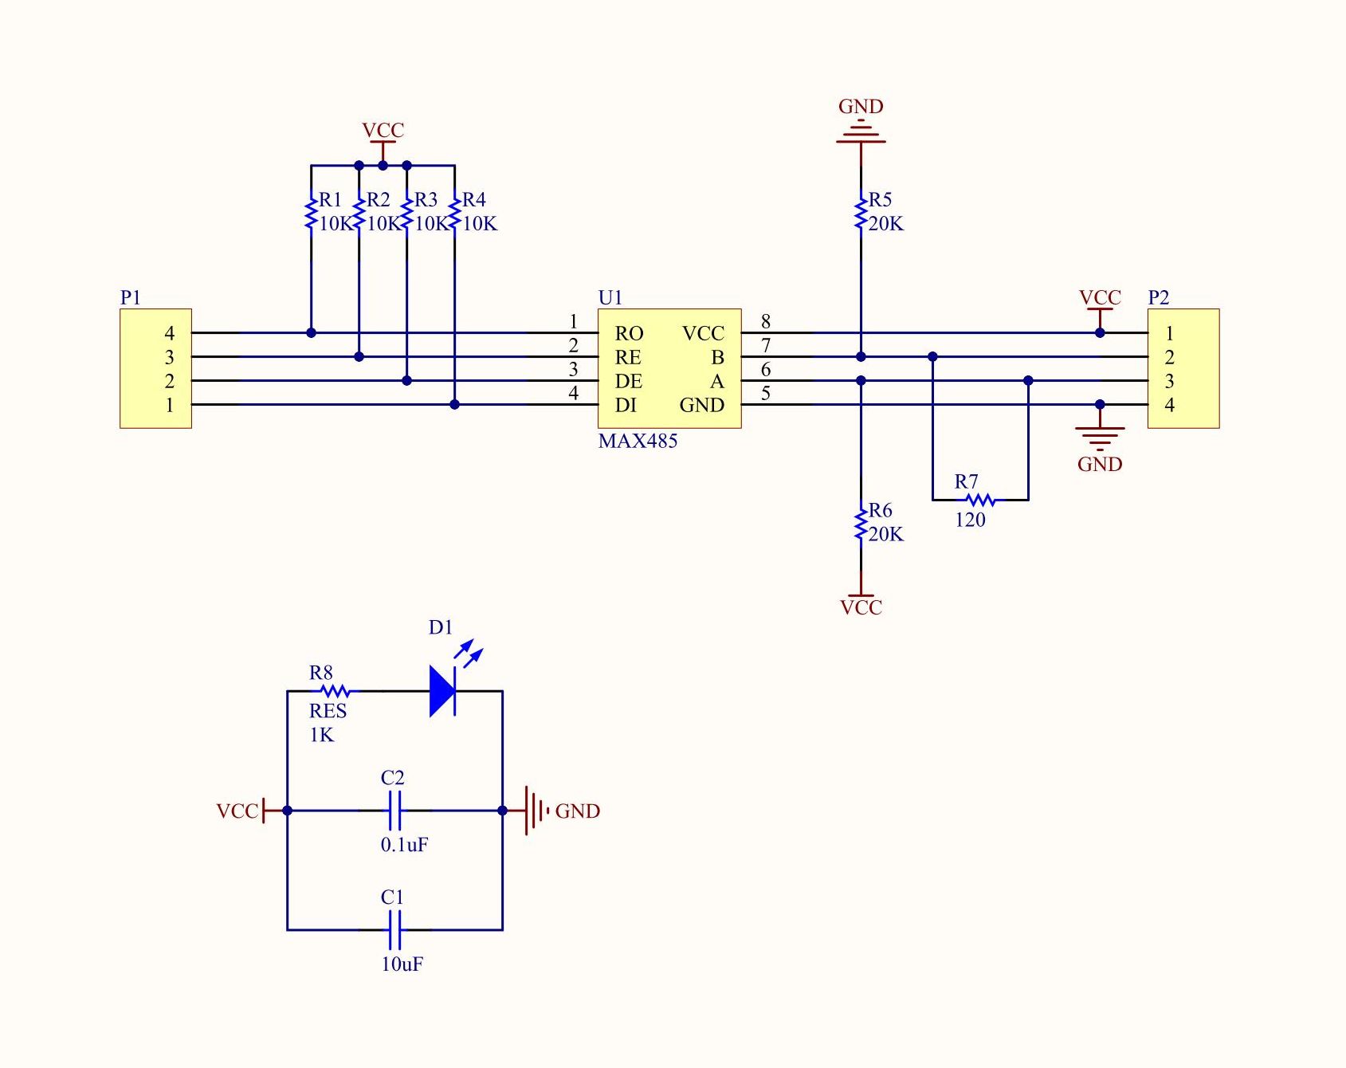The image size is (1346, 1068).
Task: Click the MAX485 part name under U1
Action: click(x=638, y=441)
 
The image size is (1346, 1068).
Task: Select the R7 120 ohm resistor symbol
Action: click(x=980, y=500)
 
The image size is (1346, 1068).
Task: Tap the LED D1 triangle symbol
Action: click(x=442, y=691)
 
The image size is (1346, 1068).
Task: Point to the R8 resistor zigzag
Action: click(x=335, y=691)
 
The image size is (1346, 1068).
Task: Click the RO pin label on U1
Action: click(x=629, y=333)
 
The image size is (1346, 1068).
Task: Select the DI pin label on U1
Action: click(x=626, y=405)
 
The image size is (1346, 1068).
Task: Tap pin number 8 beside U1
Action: click(x=766, y=321)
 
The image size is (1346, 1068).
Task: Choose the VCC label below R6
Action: click(x=861, y=607)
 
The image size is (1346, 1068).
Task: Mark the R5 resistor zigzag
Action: click(x=861, y=214)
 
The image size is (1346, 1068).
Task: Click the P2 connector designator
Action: click(x=1158, y=297)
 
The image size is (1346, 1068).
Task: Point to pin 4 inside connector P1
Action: click(x=169, y=333)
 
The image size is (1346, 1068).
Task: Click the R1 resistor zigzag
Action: click(x=311, y=214)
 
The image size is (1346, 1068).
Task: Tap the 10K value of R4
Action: click(x=480, y=224)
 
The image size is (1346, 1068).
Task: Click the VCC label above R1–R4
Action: click(x=383, y=130)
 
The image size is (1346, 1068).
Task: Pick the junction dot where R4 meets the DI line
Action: click(x=454, y=405)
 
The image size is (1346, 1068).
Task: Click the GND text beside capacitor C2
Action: click(x=577, y=811)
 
